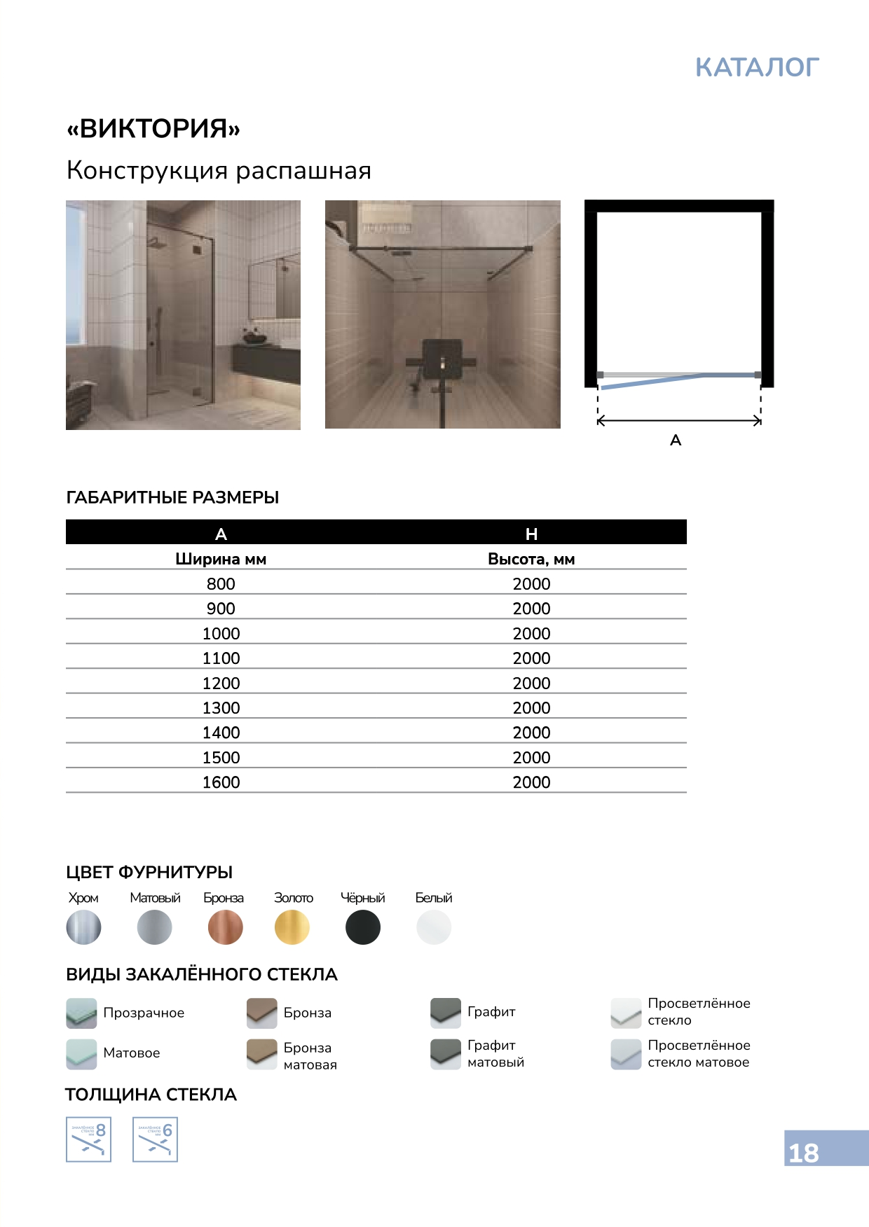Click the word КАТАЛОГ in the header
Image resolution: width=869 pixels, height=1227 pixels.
click(757, 67)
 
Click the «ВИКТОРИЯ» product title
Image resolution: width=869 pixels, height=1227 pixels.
click(153, 129)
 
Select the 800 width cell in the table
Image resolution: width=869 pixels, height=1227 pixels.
click(221, 583)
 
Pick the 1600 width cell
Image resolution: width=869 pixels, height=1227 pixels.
click(221, 782)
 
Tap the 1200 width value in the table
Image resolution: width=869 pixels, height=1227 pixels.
click(221, 683)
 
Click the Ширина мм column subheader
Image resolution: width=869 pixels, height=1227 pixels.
click(221, 559)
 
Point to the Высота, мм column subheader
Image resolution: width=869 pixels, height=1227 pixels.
click(531, 559)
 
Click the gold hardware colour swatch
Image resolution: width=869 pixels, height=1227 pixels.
click(292, 927)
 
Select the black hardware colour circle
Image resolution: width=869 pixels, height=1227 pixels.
click(363, 927)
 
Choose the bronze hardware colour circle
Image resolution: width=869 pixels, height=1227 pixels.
click(226, 927)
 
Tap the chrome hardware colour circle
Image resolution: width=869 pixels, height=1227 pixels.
click(84, 927)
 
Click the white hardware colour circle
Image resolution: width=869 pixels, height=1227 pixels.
click(434, 927)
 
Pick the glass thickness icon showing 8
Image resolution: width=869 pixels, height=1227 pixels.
click(88, 1139)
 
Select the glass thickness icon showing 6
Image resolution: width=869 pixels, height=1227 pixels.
click(155, 1139)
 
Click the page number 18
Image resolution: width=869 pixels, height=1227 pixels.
click(804, 1153)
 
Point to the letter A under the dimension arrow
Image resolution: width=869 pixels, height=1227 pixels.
click(676, 440)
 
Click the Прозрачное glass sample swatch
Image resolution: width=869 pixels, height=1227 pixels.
click(81, 1013)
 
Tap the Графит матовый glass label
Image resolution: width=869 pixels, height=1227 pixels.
click(495, 1053)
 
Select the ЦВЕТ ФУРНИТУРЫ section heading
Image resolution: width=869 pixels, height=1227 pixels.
click(149, 872)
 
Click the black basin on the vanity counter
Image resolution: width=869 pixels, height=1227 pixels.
click(255, 338)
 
